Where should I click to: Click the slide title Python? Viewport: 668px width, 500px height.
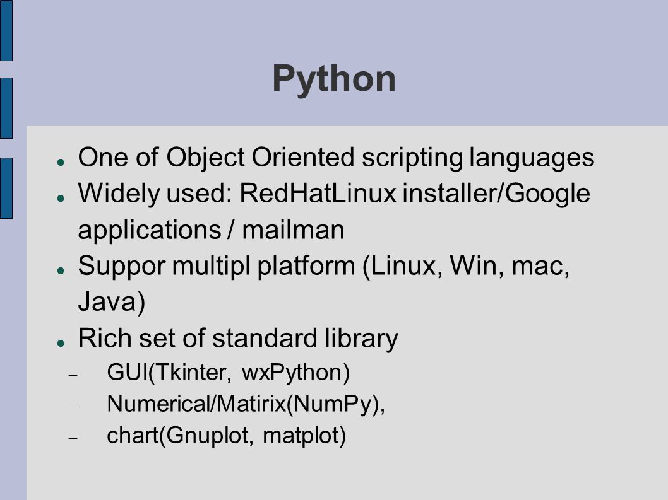334,79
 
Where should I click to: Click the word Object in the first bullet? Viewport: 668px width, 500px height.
205,158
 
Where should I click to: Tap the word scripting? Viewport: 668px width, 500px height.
412,158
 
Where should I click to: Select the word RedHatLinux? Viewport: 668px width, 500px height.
318,193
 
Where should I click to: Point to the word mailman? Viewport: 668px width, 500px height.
293,230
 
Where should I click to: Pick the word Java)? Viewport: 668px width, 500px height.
112,302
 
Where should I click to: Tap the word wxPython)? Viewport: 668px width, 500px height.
295,373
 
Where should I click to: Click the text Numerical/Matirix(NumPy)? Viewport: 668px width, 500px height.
246,404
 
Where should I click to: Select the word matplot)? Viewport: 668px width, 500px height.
304,436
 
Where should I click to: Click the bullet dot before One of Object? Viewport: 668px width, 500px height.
61,162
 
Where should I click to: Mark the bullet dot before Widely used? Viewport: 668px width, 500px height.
61,198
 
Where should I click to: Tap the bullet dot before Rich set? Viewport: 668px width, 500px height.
61,342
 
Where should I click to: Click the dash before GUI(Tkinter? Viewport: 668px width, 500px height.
73,375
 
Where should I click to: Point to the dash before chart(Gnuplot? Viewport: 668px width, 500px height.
73,438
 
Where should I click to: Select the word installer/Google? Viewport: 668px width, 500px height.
496,194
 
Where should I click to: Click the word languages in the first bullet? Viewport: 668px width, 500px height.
532,158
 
